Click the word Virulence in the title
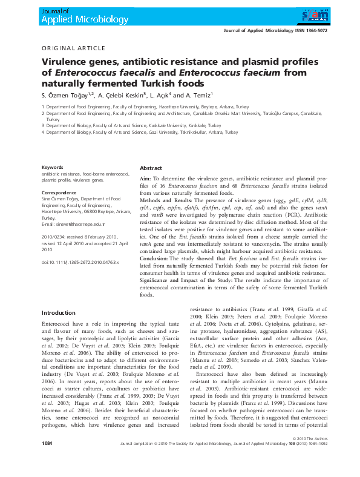pyautogui.click(x=64, y=62)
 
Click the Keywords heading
pyautogui.click(x=52, y=167)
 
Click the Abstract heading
pyautogui.click(x=151, y=168)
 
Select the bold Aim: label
pyautogui.click(x=145, y=179)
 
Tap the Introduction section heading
pyautogui.click(x=58, y=312)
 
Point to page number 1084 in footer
pyautogui.click(x=48, y=461)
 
